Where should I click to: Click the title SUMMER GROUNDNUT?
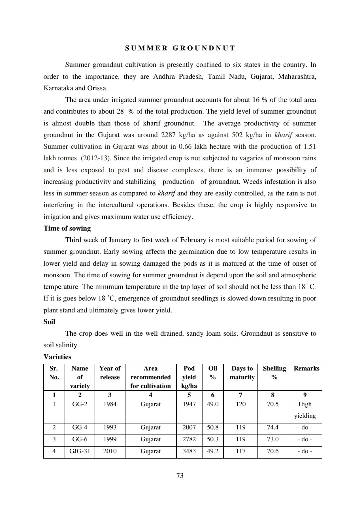[x=180, y=48]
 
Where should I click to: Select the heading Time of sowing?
[x=67, y=228]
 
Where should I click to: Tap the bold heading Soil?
[x=49, y=322]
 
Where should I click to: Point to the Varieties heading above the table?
[x=57, y=357]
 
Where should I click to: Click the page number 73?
[x=180, y=476]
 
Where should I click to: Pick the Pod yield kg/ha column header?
[x=189, y=377]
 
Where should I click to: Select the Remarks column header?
[x=306, y=369]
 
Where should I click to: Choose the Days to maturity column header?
[x=242, y=373]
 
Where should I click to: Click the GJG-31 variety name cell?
[x=80, y=451]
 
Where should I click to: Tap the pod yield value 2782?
[x=189, y=439]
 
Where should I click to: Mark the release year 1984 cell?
[x=110, y=404]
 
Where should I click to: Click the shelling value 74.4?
[x=272, y=427]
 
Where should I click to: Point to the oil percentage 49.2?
[x=213, y=451]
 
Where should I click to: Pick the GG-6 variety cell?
[x=80, y=439]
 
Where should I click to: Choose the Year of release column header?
[x=110, y=373]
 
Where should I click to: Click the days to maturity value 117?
[x=240, y=451]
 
